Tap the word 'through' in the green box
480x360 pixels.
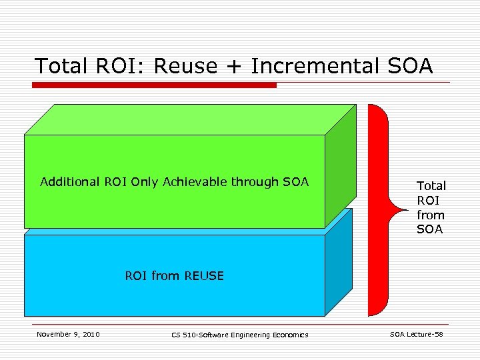[x=255, y=181]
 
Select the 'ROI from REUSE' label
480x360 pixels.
[x=175, y=275]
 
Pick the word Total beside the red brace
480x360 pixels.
[x=431, y=186]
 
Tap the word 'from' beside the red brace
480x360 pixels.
[x=431, y=215]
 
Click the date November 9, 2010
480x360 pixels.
[x=68, y=334]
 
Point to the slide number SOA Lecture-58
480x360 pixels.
[x=416, y=334]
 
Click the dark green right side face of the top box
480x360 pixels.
[x=340, y=167]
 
